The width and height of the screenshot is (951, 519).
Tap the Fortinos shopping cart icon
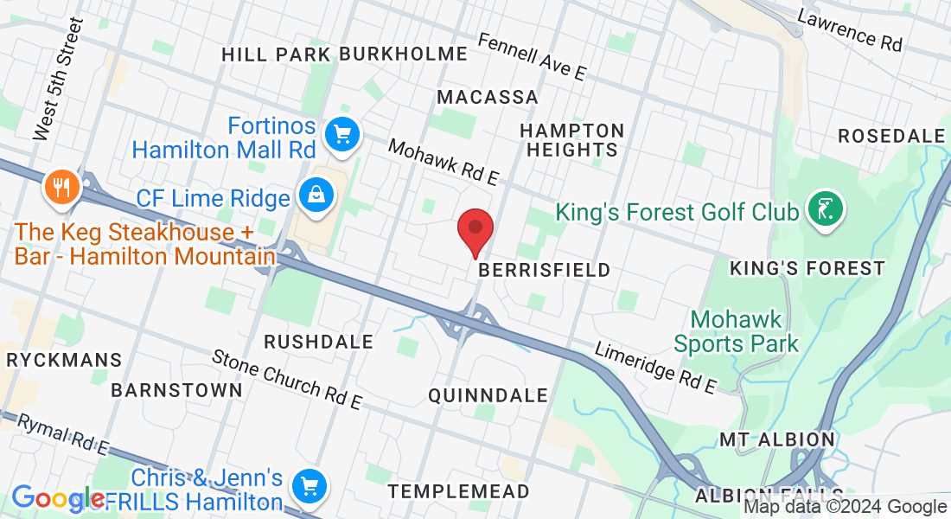[x=342, y=134]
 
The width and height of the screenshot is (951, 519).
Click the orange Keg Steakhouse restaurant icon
[x=61, y=185]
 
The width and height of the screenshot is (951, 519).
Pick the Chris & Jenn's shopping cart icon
[x=309, y=486]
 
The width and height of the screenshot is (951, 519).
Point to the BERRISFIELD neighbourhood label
[x=544, y=270]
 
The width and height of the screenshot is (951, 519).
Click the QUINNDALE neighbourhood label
[x=488, y=395]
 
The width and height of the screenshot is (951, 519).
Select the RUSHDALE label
[x=318, y=342]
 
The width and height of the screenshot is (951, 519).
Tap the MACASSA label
[x=488, y=97]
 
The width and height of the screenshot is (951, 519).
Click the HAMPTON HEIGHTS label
[x=571, y=140]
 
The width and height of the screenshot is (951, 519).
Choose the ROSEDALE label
[x=892, y=136]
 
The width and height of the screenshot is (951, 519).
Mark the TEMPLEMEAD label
[x=458, y=491]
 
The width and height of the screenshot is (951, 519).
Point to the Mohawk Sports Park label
[x=736, y=331]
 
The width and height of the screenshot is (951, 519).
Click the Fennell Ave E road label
[x=531, y=57]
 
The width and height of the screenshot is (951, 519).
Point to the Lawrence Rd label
[x=849, y=29]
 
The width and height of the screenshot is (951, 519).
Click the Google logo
[x=57, y=498]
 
